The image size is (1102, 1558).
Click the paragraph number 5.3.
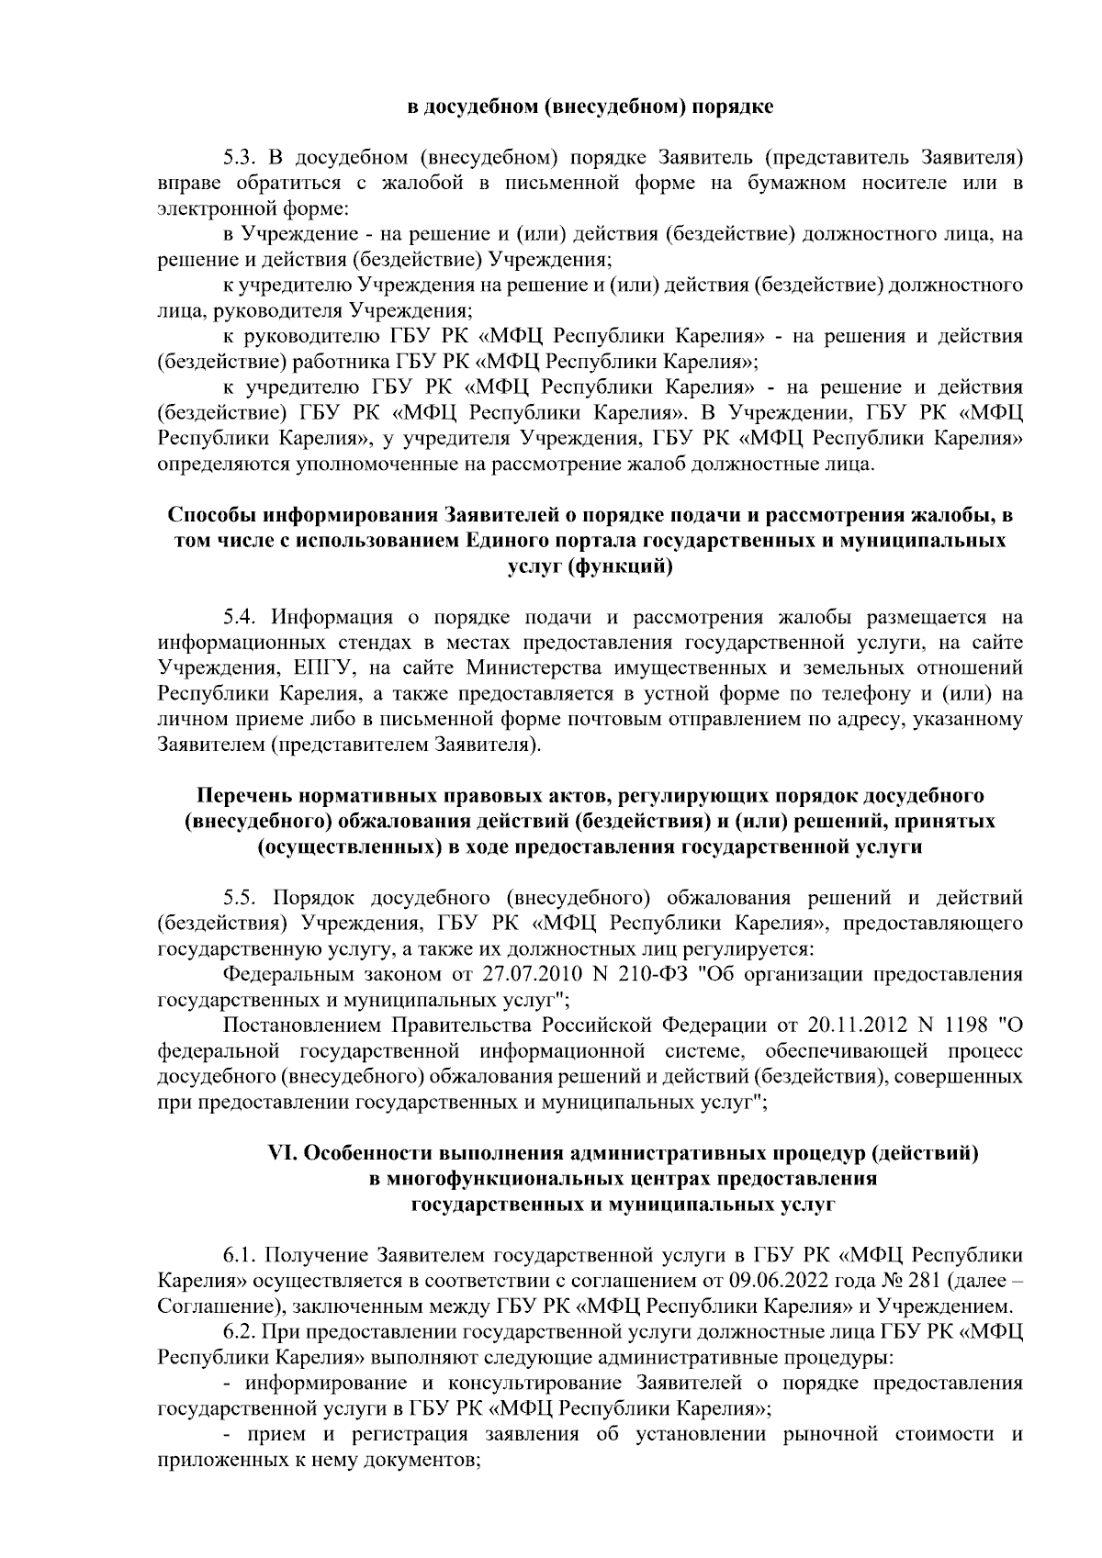[241, 158]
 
